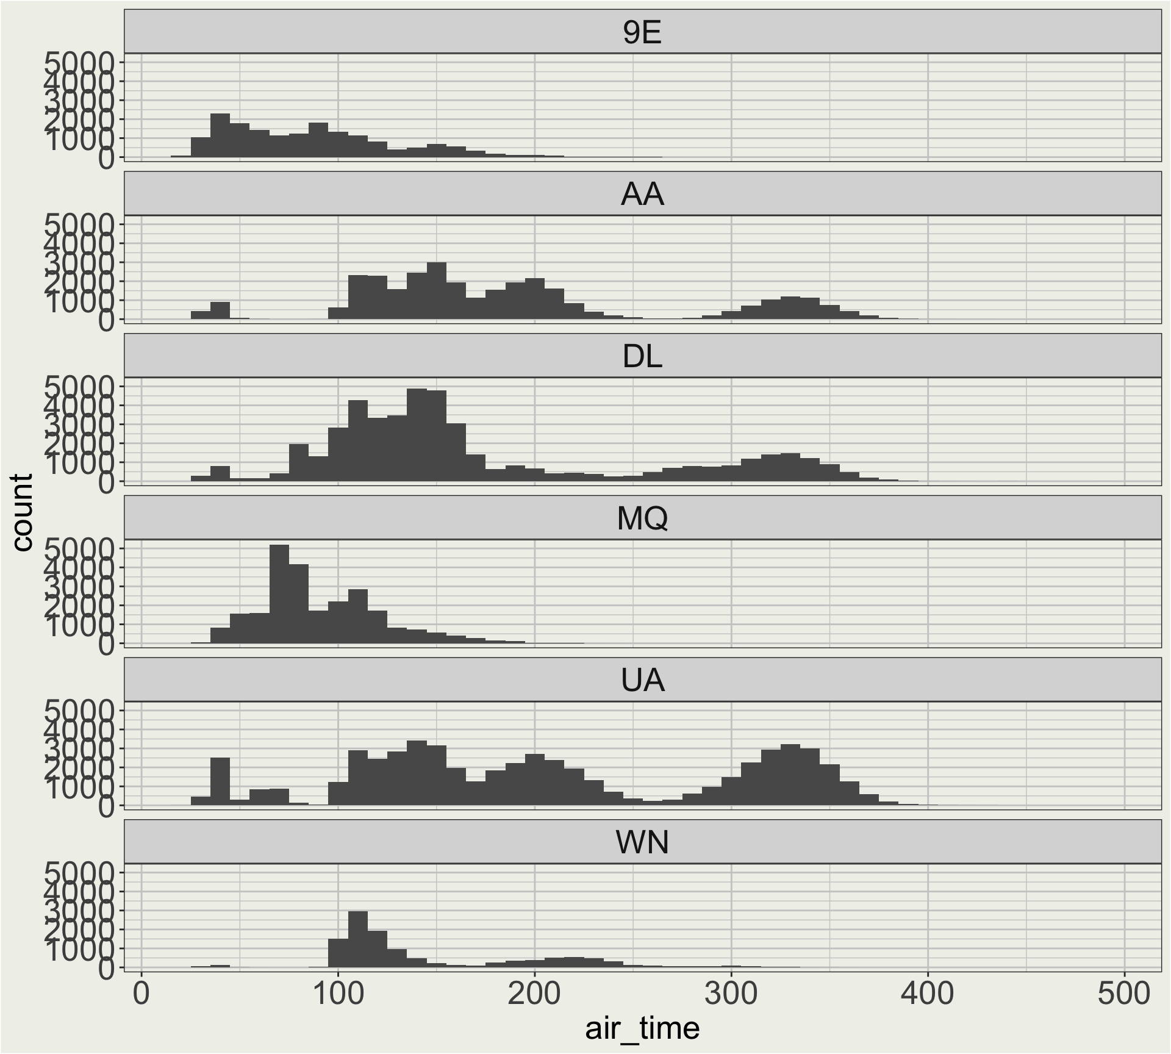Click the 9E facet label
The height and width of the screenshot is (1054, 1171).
[642, 33]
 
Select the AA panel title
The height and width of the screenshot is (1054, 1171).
[642, 195]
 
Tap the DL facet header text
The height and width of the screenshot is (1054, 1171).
[642, 357]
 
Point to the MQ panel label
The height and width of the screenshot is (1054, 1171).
[642, 518]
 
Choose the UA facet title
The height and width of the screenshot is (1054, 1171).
[642, 680]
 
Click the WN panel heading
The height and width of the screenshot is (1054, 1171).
[642, 842]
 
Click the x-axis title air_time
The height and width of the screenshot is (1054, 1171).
[642, 1028]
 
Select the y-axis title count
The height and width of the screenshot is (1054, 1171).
[23, 513]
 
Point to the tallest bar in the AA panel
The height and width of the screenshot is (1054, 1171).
[437, 291]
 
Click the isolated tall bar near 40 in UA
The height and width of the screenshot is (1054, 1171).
[220, 781]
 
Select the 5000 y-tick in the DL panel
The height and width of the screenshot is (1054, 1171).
[80, 386]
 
